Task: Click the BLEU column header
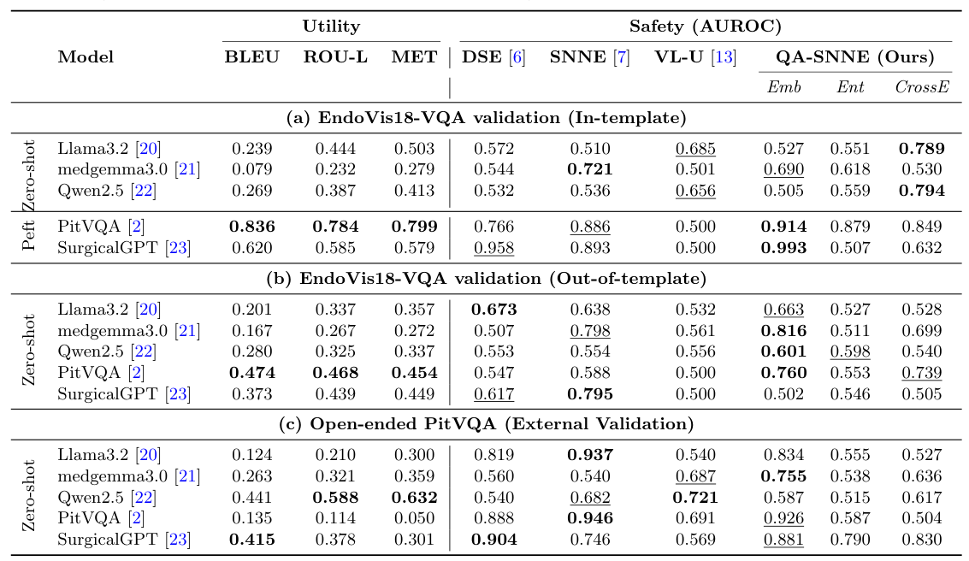click(x=251, y=57)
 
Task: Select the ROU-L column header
click(x=334, y=57)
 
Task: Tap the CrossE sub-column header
click(x=922, y=87)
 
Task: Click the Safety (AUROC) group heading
click(x=705, y=27)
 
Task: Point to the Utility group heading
click(x=331, y=27)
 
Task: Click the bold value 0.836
click(x=251, y=227)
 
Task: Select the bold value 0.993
click(x=784, y=248)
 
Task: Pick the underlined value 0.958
click(x=494, y=248)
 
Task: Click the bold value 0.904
click(x=494, y=540)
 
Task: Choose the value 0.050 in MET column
click(x=414, y=518)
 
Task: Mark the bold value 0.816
click(x=784, y=330)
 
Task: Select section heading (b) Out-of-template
click(x=485, y=279)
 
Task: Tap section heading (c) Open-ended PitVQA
click(x=485, y=424)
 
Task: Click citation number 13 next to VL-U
click(x=724, y=57)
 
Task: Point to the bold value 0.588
click(x=334, y=498)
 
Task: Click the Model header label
click(x=86, y=57)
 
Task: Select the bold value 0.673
click(x=494, y=310)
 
